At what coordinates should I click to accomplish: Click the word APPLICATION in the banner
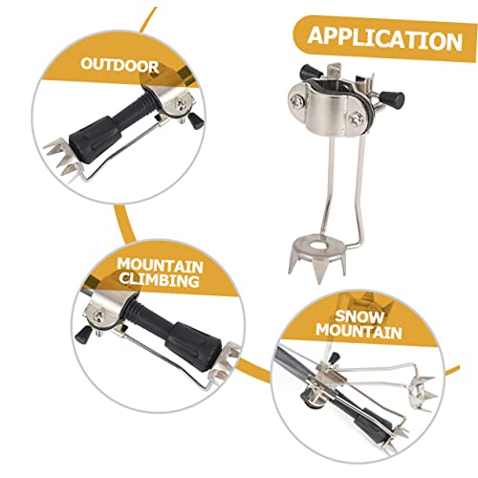coord(385,39)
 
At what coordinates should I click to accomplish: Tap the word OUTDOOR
coord(119,65)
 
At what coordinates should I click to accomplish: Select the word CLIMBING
coord(160,280)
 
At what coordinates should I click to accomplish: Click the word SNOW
coord(359,316)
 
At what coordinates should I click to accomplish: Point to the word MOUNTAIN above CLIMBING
coord(160,266)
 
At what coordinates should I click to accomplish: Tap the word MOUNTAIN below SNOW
coord(358,332)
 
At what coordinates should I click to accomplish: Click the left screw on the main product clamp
coord(296,100)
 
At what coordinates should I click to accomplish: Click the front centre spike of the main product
coord(319,271)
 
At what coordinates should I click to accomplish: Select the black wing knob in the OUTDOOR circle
coord(196,121)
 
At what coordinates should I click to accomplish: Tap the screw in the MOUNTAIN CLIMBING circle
coord(98,315)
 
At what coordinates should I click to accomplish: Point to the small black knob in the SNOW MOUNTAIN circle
coord(333,358)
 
